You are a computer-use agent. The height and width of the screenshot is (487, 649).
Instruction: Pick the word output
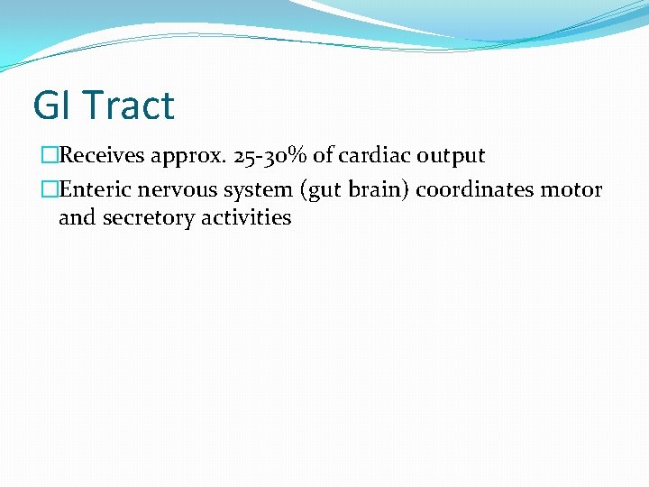[x=450, y=157]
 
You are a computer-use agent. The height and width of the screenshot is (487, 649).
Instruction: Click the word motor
[x=571, y=189]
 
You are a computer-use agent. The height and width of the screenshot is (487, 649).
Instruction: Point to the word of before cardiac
[x=323, y=156]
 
